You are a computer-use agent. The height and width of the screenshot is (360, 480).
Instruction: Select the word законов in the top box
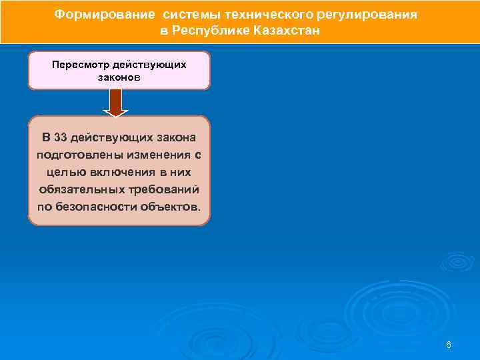[x=119, y=77]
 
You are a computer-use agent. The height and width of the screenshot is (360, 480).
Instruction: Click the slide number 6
[x=449, y=345]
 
